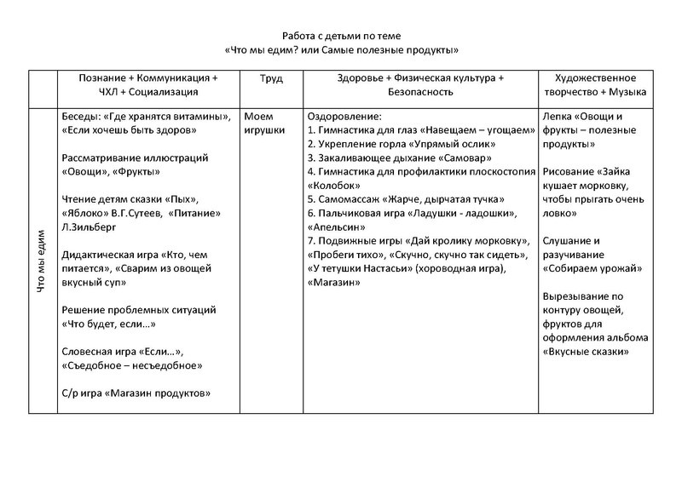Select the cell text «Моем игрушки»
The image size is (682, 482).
[266, 123]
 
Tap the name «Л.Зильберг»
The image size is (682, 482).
[91, 228]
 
